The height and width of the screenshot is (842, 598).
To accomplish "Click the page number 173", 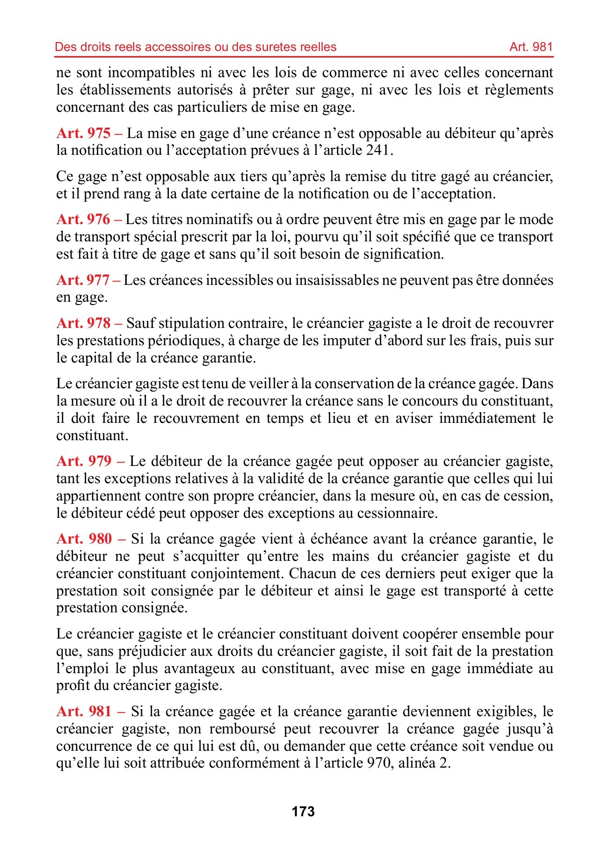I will click(303, 812).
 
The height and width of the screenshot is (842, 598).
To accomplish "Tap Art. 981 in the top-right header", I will click(531, 47).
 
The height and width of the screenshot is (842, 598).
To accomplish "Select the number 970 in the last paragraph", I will click(377, 763).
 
